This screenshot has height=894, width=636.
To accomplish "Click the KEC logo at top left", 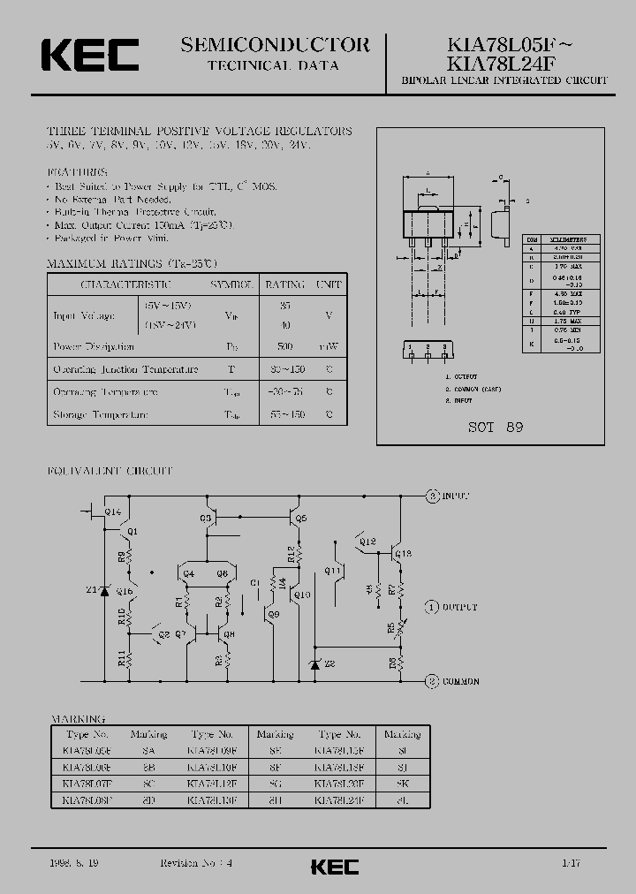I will [x=89, y=55].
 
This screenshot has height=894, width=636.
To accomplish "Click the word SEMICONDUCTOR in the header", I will [x=275, y=45].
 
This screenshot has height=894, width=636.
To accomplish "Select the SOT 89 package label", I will [x=496, y=427].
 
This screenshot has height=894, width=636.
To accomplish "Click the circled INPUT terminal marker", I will [x=433, y=496].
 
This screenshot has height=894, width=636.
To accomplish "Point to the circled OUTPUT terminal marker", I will [x=432, y=607].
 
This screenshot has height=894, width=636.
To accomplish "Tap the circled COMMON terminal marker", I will [x=432, y=681].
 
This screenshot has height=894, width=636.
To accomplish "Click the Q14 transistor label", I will [x=113, y=511].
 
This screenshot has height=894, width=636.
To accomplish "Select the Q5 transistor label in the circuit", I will [x=301, y=519].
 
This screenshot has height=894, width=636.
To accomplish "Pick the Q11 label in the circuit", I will [x=333, y=572].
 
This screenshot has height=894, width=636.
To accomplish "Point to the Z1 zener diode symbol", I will [x=104, y=590].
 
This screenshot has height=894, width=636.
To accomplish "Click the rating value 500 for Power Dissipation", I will [x=285, y=346].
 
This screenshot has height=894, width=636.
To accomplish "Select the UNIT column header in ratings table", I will [x=329, y=284].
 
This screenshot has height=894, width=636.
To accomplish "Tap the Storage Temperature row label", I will [x=101, y=414].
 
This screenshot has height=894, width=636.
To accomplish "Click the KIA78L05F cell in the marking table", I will [x=87, y=749].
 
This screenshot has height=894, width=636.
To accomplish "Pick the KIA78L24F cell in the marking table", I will [x=339, y=799].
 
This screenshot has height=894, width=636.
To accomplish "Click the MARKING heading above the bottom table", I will [x=79, y=719].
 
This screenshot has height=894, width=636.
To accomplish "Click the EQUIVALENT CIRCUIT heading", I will [x=110, y=471].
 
